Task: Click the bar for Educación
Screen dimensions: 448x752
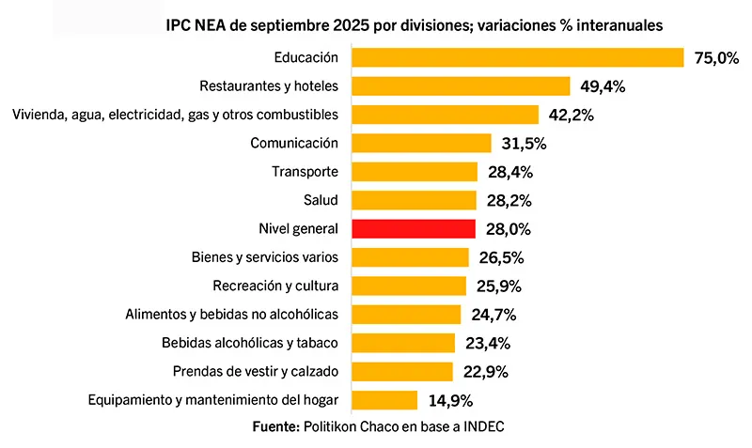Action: tap(517, 57)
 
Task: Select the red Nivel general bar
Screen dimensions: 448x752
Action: tap(413, 228)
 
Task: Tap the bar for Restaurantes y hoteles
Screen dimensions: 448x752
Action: tap(461, 86)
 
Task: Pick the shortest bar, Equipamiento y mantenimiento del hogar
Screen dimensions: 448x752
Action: tap(384, 400)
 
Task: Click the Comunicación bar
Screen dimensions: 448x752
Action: tap(421, 143)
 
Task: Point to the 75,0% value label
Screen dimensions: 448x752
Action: tap(716, 58)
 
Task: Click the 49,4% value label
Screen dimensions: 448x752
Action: tap(603, 86)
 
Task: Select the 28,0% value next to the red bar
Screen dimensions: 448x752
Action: tap(507, 229)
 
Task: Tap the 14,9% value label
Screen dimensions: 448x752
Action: tap(449, 400)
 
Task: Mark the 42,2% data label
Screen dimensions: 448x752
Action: tap(571, 116)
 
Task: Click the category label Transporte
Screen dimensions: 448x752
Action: tap(305, 172)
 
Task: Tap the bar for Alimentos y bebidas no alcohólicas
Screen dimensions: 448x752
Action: tap(406, 314)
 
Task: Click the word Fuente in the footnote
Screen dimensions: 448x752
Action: tap(275, 426)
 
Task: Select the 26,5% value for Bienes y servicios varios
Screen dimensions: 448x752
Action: tap(500, 257)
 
